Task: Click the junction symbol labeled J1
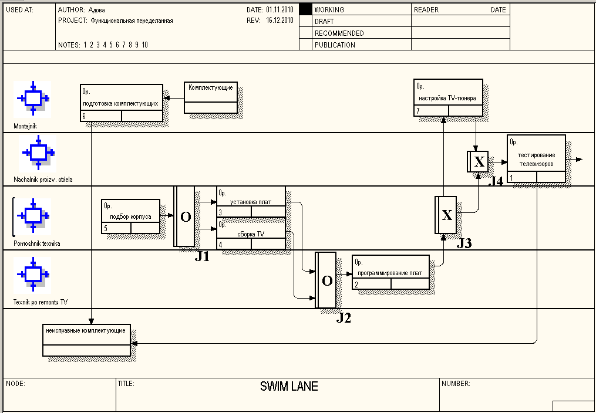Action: click(184, 216)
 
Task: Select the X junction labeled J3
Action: click(446, 215)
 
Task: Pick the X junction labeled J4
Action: click(478, 162)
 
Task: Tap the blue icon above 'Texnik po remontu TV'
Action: click(32, 274)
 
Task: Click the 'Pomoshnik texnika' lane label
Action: click(36, 243)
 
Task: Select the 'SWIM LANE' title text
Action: click(289, 387)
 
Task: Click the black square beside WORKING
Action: click(305, 9)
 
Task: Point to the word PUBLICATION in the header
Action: click(335, 45)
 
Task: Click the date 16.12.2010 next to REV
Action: click(279, 21)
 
